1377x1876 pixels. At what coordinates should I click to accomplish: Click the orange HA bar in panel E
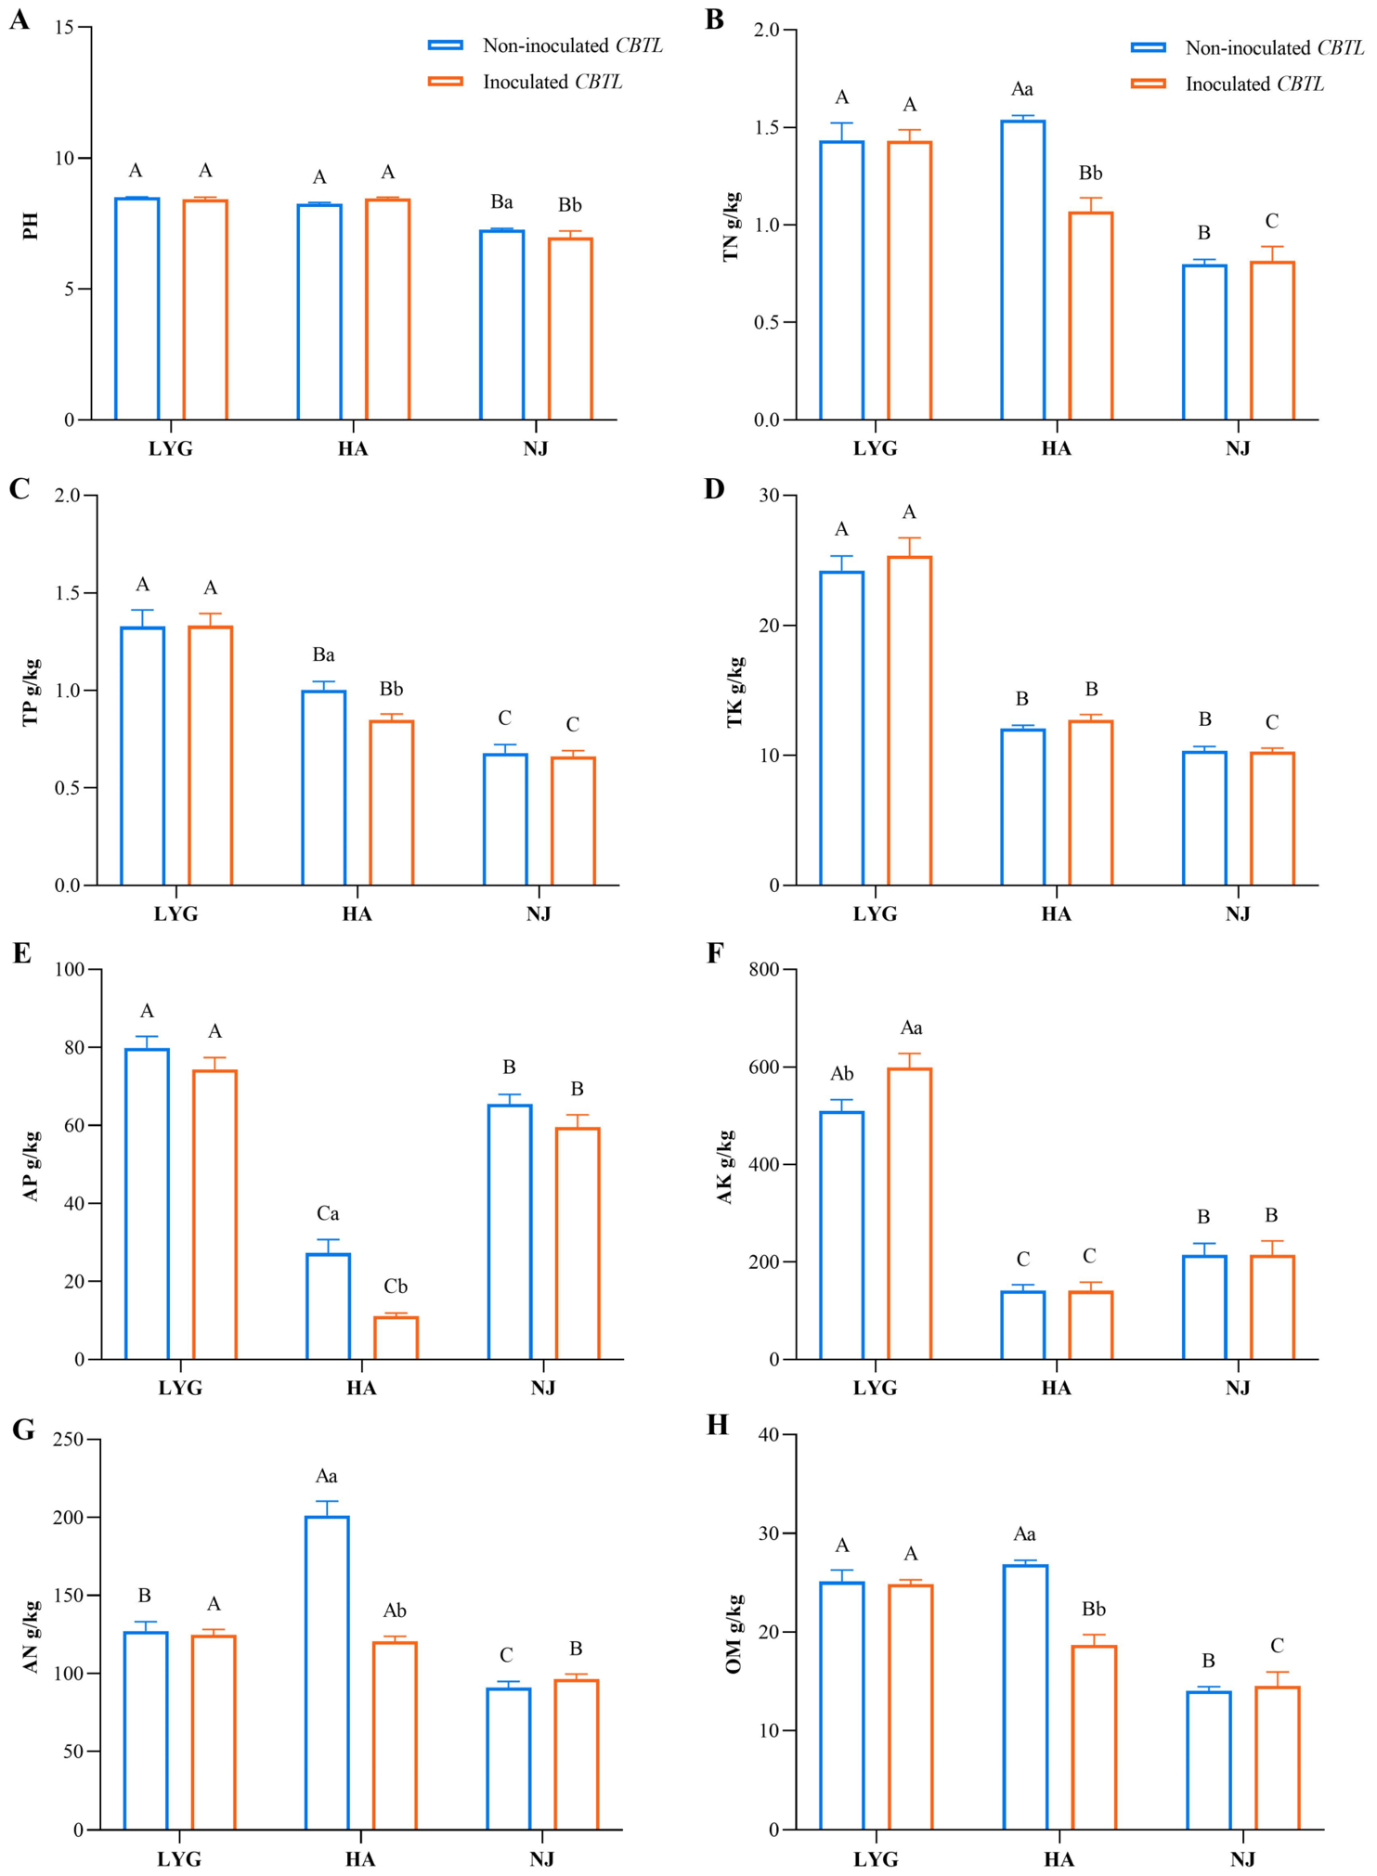point(396,1337)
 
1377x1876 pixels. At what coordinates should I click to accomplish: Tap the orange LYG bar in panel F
point(910,1213)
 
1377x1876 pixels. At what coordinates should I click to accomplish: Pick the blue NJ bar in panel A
point(502,325)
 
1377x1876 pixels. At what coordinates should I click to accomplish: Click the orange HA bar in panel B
point(1091,316)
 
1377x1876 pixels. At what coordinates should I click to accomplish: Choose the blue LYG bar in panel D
point(842,728)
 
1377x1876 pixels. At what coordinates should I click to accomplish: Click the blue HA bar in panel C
point(324,787)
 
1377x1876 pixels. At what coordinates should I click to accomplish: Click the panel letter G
point(23,1429)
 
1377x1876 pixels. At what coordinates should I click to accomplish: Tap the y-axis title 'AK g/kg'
point(725,1167)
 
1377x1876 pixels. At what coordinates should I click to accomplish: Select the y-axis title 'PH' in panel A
point(31,226)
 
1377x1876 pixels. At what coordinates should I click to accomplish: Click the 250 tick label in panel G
point(68,1440)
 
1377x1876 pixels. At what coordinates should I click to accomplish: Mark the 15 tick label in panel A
point(64,27)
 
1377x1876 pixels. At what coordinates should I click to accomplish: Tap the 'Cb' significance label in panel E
point(396,1287)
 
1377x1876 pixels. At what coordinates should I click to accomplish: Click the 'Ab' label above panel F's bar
point(842,1074)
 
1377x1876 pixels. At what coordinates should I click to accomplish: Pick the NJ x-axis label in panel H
point(1242,1859)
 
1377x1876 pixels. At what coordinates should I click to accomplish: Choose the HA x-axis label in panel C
point(357,914)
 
